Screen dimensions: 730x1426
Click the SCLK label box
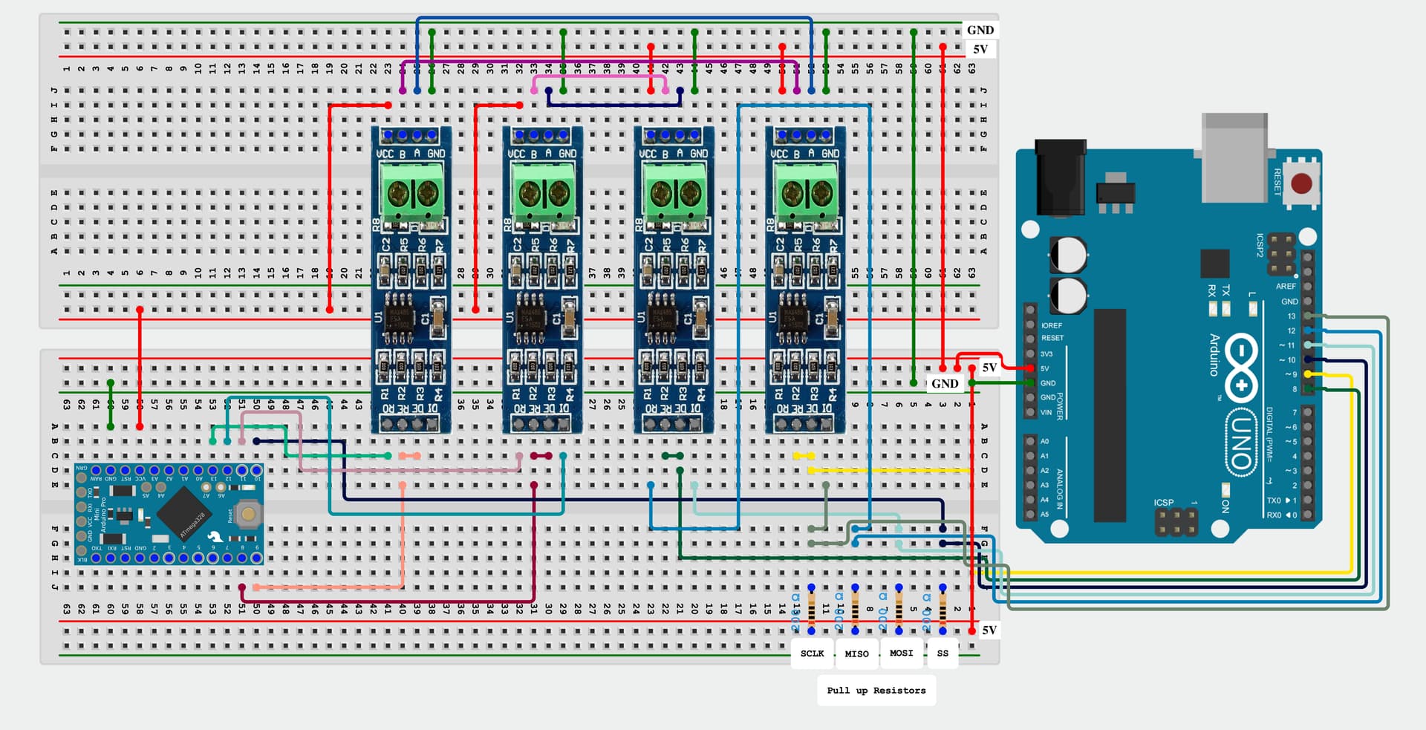pyautogui.click(x=812, y=654)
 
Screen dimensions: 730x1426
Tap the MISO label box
pyautogui.click(x=856, y=654)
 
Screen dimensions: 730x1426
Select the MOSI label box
pyautogui.click(x=901, y=653)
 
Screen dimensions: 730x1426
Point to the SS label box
pyautogui.click(x=942, y=654)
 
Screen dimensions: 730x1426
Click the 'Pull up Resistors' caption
pyautogui.click(x=876, y=690)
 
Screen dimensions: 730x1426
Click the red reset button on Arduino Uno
pyautogui.click(x=1301, y=183)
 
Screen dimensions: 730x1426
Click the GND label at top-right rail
pyautogui.click(x=980, y=30)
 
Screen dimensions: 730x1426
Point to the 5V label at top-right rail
pyautogui.click(x=980, y=49)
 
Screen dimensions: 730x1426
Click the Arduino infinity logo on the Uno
pyautogui.click(x=1241, y=366)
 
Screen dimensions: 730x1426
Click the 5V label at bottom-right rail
pyautogui.click(x=989, y=630)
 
